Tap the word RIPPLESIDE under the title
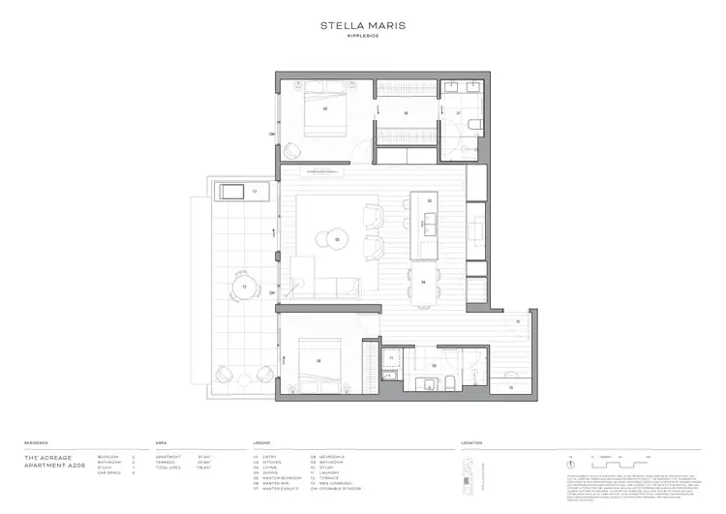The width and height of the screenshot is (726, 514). pos(362,40)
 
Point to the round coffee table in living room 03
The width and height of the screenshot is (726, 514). pos(337,238)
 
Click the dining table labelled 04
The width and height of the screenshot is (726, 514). pos(424,283)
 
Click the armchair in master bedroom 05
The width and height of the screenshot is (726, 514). pos(292,151)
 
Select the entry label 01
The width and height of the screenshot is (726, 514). pos(518,322)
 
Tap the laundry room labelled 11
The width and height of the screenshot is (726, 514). pos(392,359)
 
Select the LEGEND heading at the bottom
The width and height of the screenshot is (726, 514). pos(262,442)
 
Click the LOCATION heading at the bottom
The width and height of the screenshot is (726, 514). pos(472,442)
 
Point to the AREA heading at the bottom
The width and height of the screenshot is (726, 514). pos(161,442)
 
